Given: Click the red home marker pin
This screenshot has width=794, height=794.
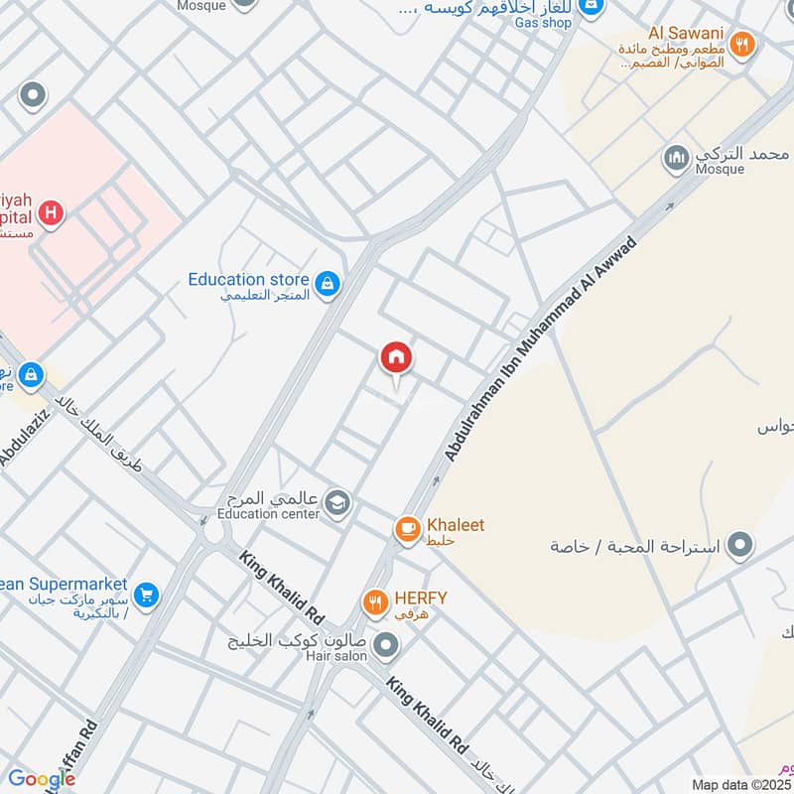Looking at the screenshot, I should click(396, 357).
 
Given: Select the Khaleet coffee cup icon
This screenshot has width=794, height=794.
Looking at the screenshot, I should click(407, 530).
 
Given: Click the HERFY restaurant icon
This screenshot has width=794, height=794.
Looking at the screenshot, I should click(374, 602).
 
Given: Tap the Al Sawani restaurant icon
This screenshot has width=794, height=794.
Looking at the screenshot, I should click(740, 44).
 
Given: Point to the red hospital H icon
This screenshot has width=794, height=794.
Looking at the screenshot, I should click(51, 212).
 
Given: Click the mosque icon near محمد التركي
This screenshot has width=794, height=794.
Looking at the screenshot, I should click(677, 158).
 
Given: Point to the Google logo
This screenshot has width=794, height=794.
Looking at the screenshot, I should click(42, 779).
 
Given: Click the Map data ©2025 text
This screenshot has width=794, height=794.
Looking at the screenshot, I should click(739, 784).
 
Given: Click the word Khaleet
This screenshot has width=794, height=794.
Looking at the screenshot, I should click(456, 525).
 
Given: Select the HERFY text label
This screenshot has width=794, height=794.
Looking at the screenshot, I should click(421, 597).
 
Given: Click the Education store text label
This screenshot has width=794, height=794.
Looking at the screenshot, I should click(248, 280).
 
